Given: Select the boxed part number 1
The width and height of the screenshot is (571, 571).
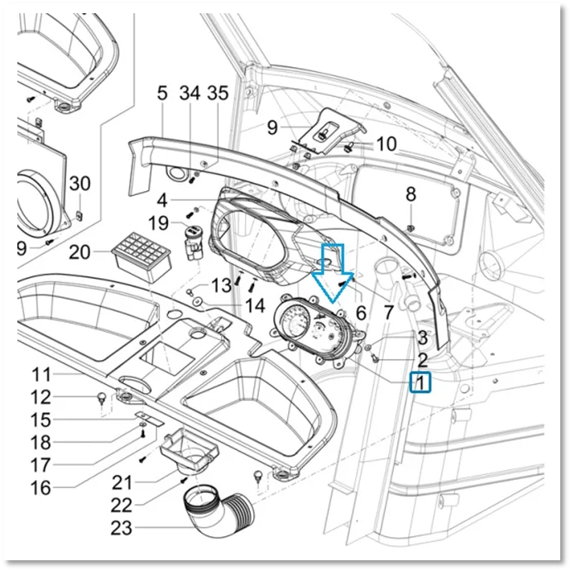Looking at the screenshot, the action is coord(420,382).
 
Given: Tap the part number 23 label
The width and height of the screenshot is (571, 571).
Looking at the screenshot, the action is coord(122,528).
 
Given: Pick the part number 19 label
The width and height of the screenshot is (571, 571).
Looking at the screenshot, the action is coord(158,223).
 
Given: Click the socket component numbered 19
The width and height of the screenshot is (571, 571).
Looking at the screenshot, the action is coord(192,243).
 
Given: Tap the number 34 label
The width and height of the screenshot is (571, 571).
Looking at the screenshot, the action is coord(190,94).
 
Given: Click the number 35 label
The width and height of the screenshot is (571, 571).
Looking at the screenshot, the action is coord(218,94).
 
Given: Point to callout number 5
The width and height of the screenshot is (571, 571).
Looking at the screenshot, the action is coord(162,94).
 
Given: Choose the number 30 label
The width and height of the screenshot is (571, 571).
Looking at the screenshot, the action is coord(79,183).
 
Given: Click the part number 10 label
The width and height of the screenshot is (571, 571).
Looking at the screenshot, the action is coord(386,144).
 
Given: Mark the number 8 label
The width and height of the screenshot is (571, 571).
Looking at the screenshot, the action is coord(410,194).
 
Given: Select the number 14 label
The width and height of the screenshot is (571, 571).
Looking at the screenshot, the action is coord(255,305).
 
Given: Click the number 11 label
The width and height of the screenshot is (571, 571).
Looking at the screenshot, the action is coord(41,374).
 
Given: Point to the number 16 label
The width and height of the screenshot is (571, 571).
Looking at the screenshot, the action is coord(41,487).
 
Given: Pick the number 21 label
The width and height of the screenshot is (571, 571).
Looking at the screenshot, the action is coord(122,483).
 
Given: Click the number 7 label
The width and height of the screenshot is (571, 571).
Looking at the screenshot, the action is coord(389,312).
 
